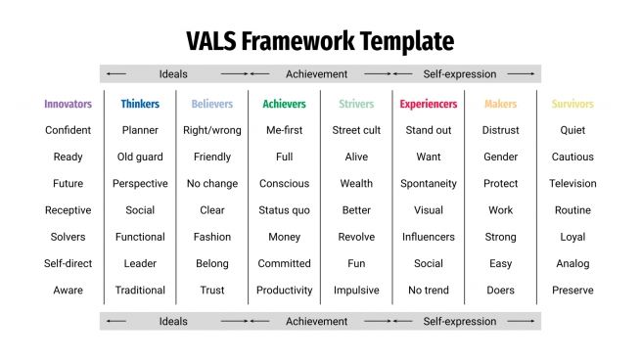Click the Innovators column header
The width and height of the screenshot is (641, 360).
click(68, 104)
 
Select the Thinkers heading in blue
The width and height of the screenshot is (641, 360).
click(140, 104)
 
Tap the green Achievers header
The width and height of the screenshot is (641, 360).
click(284, 104)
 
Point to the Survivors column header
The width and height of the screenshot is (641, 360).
click(572, 104)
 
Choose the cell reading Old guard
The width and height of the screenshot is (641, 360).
click(140, 157)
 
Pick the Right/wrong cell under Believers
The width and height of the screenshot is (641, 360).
click(212, 130)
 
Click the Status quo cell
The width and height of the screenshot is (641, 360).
click(284, 210)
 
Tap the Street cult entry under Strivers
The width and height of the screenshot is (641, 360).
click(356, 130)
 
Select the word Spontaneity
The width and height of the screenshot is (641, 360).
click(429, 184)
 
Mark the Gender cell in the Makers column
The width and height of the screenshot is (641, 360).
click(500, 157)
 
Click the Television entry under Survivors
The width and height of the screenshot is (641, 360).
click(572, 184)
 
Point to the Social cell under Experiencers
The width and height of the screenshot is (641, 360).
click(429, 264)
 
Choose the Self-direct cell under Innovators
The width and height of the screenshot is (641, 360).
click(68, 264)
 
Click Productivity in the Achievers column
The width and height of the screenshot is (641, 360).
click(284, 291)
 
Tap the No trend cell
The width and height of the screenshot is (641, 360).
click(429, 291)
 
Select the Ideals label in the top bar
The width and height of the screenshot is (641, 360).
click(173, 73)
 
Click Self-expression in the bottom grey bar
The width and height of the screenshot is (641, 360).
click(459, 321)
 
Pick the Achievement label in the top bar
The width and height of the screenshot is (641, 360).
click(316, 73)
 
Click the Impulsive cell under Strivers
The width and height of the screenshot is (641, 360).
click(356, 291)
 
